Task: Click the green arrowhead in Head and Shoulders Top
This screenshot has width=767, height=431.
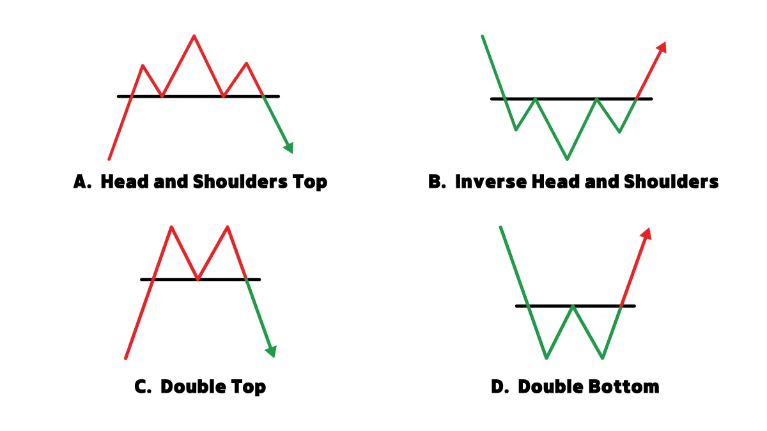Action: pyautogui.click(x=289, y=147)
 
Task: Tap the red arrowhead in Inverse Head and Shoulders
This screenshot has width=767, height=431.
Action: pyautogui.click(x=662, y=47)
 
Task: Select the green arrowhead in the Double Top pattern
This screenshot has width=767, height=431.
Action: pyautogui.click(x=271, y=351)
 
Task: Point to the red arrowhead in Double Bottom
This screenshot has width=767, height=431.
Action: pyautogui.click(x=646, y=234)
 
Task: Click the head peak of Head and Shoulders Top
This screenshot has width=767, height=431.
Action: pyautogui.click(x=194, y=36)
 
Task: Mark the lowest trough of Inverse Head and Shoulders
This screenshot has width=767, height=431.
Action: pyautogui.click(x=567, y=158)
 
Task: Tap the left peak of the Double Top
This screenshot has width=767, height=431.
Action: pyautogui.click(x=171, y=227)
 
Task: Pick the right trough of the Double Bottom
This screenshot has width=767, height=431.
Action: pyautogui.click(x=602, y=358)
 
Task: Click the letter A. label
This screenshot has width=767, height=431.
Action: pyautogui.click(x=82, y=181)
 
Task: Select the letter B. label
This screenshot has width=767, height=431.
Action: pyautogui.click(x=437, y=181)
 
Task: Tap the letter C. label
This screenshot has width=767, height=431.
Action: pyautogui.click(x=143, y=387)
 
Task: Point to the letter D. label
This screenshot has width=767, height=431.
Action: pyautogui.click(x=500, y=387)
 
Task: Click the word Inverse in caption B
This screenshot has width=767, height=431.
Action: pyautogui.click(x=491, y=181)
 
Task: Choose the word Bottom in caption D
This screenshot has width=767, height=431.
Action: pyautogui.click(x=624, y=387)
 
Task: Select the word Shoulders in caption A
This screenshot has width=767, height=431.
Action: pyautogui.click(x=240, y=181)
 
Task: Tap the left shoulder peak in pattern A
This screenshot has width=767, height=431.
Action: pyautogui.click(x=143, y=66)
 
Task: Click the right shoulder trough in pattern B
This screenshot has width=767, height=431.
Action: pyautogui.click(x=619, y=132)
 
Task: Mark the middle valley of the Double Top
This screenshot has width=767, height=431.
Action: pyautogui.click(x=198, y=278)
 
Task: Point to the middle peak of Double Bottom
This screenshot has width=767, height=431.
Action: pyautogui.click(x=573, y=306)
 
